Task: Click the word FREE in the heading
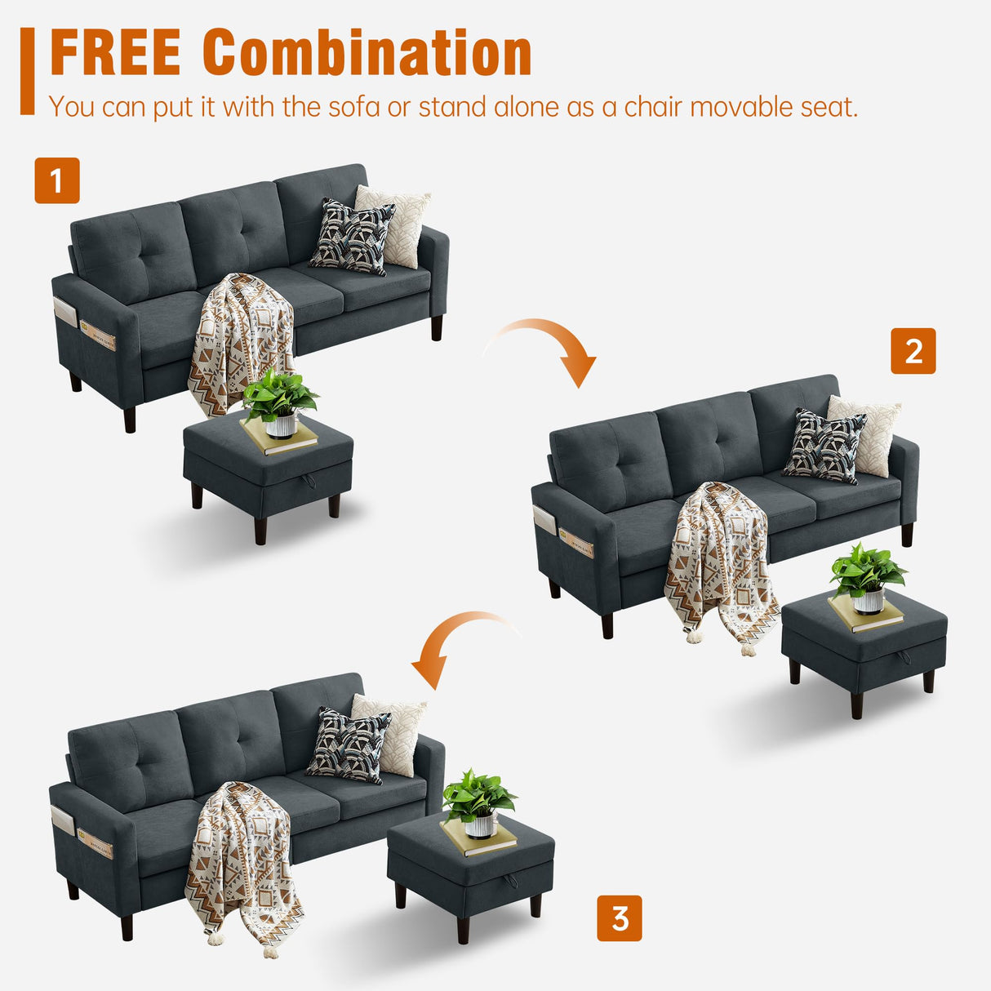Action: click(x=115, y=53)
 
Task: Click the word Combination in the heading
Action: click(x=367, y=53)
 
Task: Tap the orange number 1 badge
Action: click(x=57, y=180)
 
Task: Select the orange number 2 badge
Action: click(x=913, y=351)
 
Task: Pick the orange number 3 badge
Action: click(x=620, y=918)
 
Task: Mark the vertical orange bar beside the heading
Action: click(x=28, y=70)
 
